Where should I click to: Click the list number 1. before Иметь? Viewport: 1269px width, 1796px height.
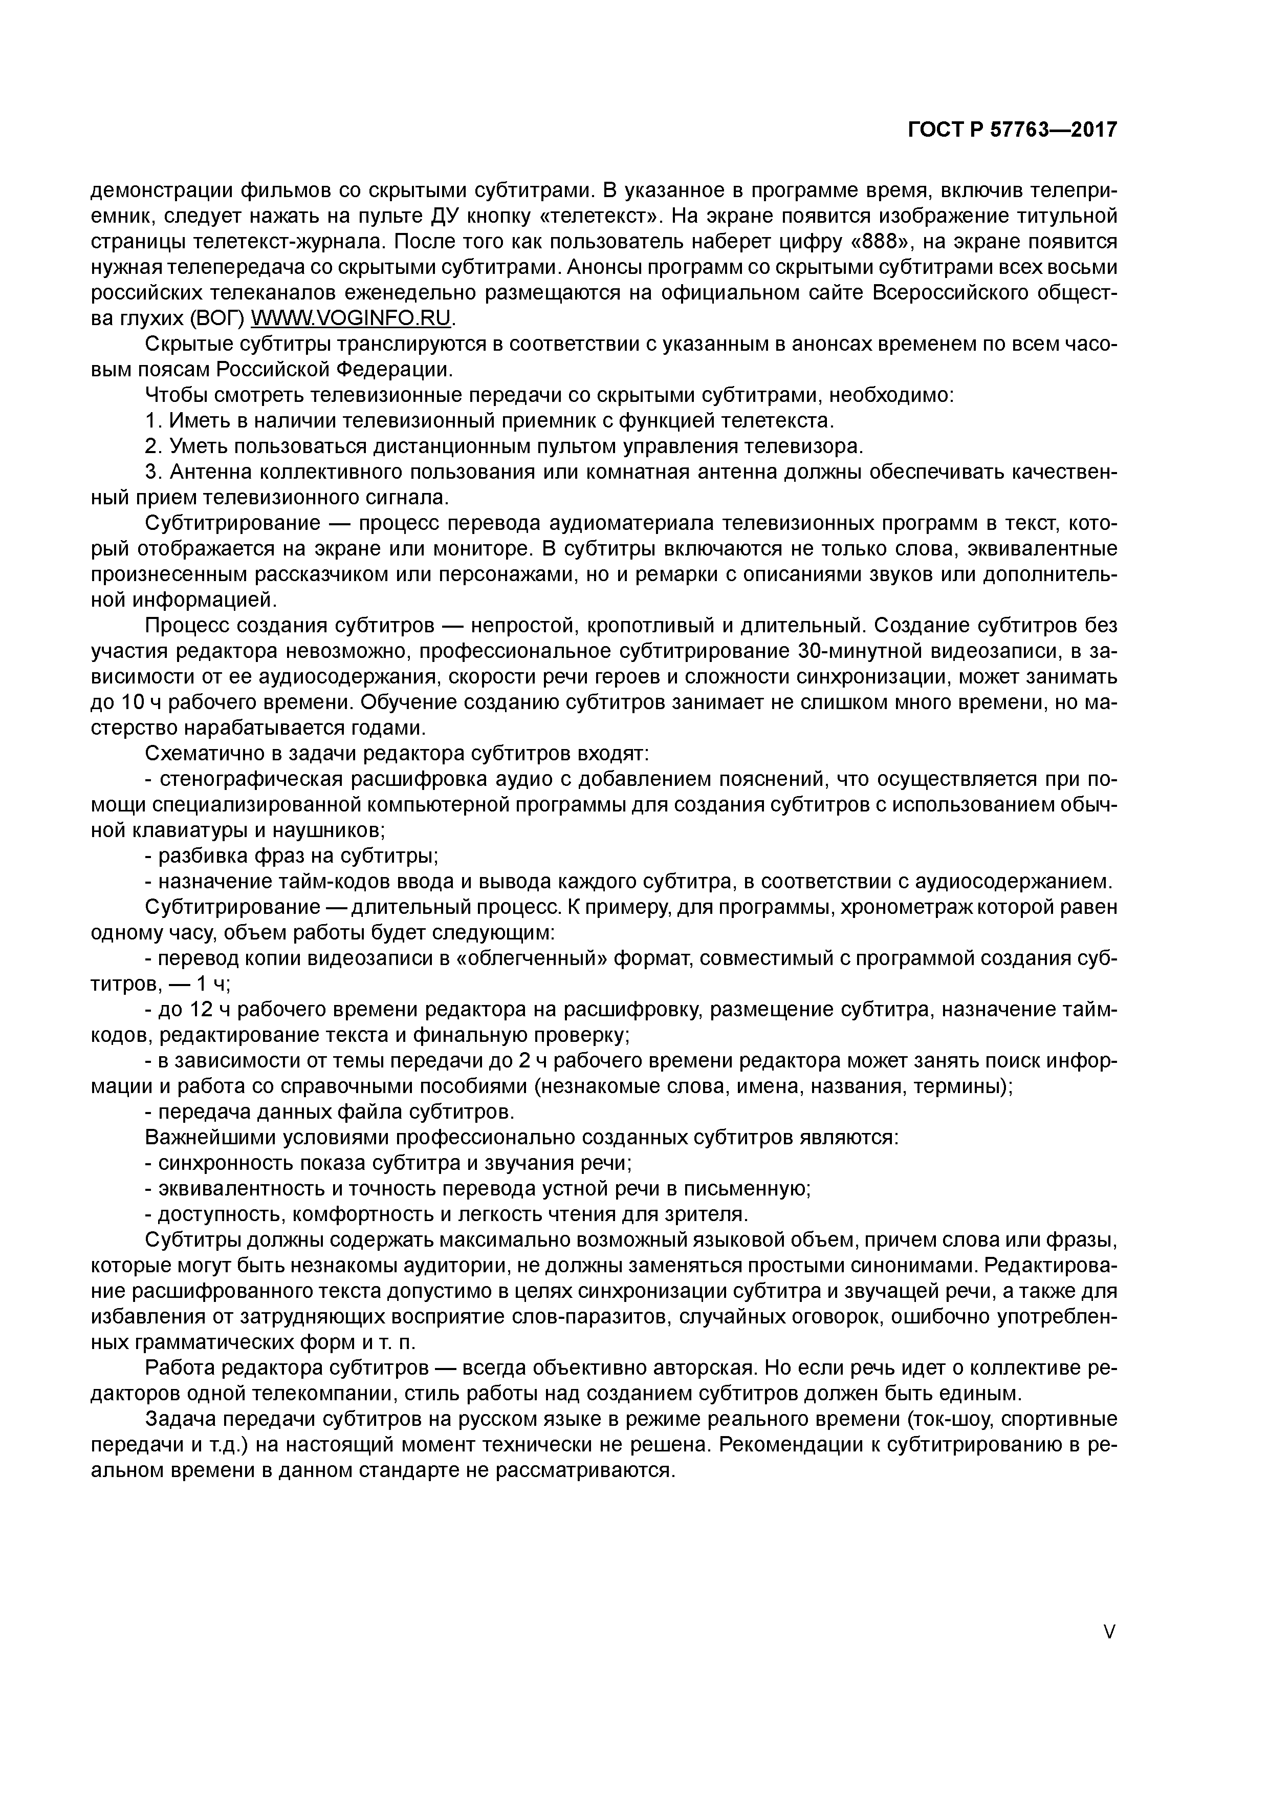click(153, 421)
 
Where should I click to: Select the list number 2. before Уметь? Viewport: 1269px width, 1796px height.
click(153, 446)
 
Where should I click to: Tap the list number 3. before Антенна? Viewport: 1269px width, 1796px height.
click(153, 473)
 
